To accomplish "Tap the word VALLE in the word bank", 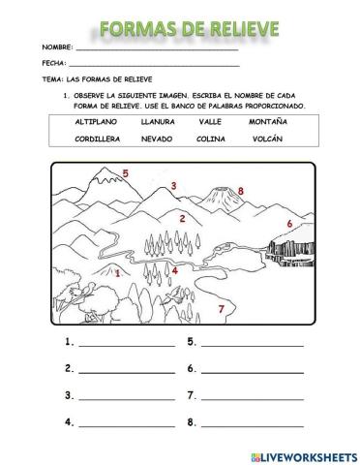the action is click(211, 122).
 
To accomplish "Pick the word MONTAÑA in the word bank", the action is click(269, 122).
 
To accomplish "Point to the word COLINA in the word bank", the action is click(213, 139).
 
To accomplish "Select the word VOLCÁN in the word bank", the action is click(268, 139).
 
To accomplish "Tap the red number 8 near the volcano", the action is click(241, 191).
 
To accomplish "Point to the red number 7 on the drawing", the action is click(221, 309).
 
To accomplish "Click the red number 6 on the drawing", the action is click(288, 224).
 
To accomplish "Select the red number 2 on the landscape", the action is click(182, 218).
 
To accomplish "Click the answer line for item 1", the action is click(126, 344).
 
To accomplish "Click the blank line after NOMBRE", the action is click(155, 48).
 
